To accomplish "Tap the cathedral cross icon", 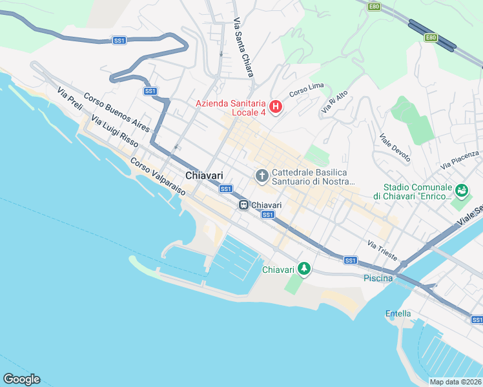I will [x=262, y=175].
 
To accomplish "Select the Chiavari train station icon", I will [x=244, y=205].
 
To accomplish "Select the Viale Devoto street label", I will [x=395, y=148].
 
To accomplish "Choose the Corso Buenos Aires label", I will [x=107, y=109].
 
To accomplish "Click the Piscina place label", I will [x=378, y=278].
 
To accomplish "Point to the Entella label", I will [x=398, y=314].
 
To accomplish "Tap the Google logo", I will [x=21, y=379].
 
